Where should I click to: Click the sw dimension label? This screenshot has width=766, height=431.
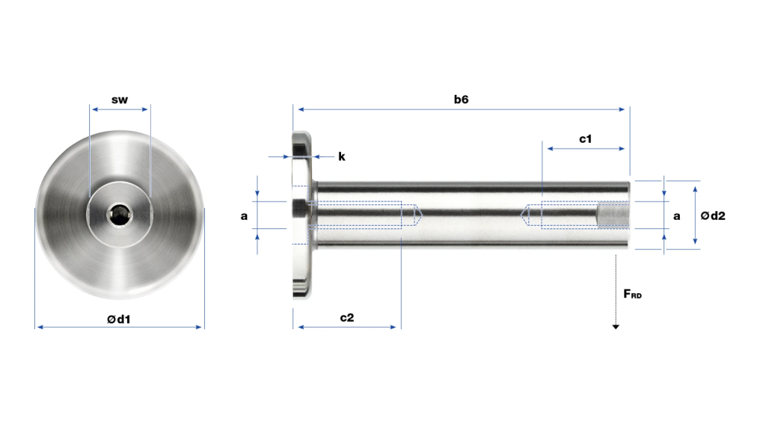point(120,100)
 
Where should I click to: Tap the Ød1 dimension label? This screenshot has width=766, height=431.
point(119,319)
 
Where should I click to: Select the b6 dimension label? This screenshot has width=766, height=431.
point(461,100)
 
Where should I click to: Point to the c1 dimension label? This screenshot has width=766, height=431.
point(585,138)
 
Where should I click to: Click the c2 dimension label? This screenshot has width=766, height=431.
point(347,317)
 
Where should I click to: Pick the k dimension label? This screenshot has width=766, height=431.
point(341,156)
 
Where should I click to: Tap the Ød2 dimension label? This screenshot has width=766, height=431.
point(713,215)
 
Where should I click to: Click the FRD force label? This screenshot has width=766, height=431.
point(633,293)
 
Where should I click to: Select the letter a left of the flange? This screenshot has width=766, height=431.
point(245,216)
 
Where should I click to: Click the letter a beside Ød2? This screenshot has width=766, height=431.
point(676,216)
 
